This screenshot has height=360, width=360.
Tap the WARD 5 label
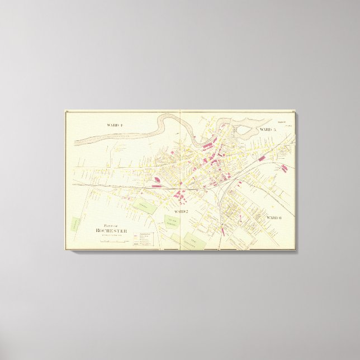(x=268, y=130)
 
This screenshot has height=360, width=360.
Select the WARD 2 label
(x=181, y=212)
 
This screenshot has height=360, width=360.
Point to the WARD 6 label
(x=274, y=217)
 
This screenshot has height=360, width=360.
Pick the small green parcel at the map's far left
(x=74, y=224)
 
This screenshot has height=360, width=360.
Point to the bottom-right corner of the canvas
(x=297, y=250)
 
